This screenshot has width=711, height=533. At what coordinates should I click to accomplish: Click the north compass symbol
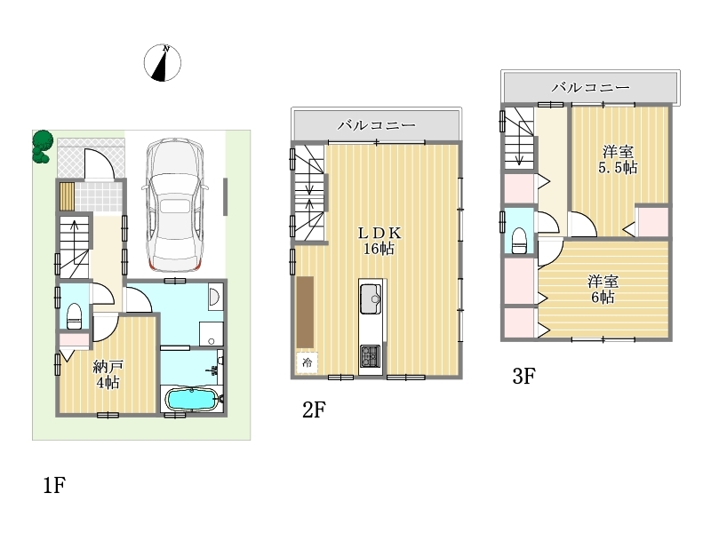tap(163, 63)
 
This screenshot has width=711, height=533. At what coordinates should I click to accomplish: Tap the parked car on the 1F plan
tap(174, 205)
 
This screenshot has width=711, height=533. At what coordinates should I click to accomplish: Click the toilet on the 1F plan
tap(74, 316)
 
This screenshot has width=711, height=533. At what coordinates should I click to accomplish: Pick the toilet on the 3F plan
tap(519, 241)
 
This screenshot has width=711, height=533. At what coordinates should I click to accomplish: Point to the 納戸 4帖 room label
tap(108, 374)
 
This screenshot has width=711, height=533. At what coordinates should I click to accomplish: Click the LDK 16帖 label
tap(379, 241)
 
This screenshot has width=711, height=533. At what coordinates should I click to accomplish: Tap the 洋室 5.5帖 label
tap(618, 160)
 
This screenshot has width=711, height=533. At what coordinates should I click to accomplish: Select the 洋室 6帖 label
tap(603, 290)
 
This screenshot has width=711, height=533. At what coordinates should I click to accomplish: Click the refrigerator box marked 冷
tap(307, 362)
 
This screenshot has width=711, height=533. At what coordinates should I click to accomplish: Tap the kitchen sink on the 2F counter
tap(371, 299)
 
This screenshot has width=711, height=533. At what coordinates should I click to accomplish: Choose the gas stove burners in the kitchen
tap(370, 356)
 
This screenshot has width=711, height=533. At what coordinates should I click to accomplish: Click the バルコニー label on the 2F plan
tap(376, 124)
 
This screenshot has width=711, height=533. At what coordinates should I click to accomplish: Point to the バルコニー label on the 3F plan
tap(590, 87)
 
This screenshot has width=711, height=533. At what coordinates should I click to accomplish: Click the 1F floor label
tap(54, 485)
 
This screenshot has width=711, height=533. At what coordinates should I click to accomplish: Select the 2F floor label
tap(314, 410)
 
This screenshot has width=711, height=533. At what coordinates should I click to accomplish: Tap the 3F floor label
tap(523, 376)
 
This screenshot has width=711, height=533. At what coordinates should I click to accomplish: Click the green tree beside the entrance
tap(43, 146)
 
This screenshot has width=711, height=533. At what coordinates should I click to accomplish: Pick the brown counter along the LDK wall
tap(305, 312)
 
